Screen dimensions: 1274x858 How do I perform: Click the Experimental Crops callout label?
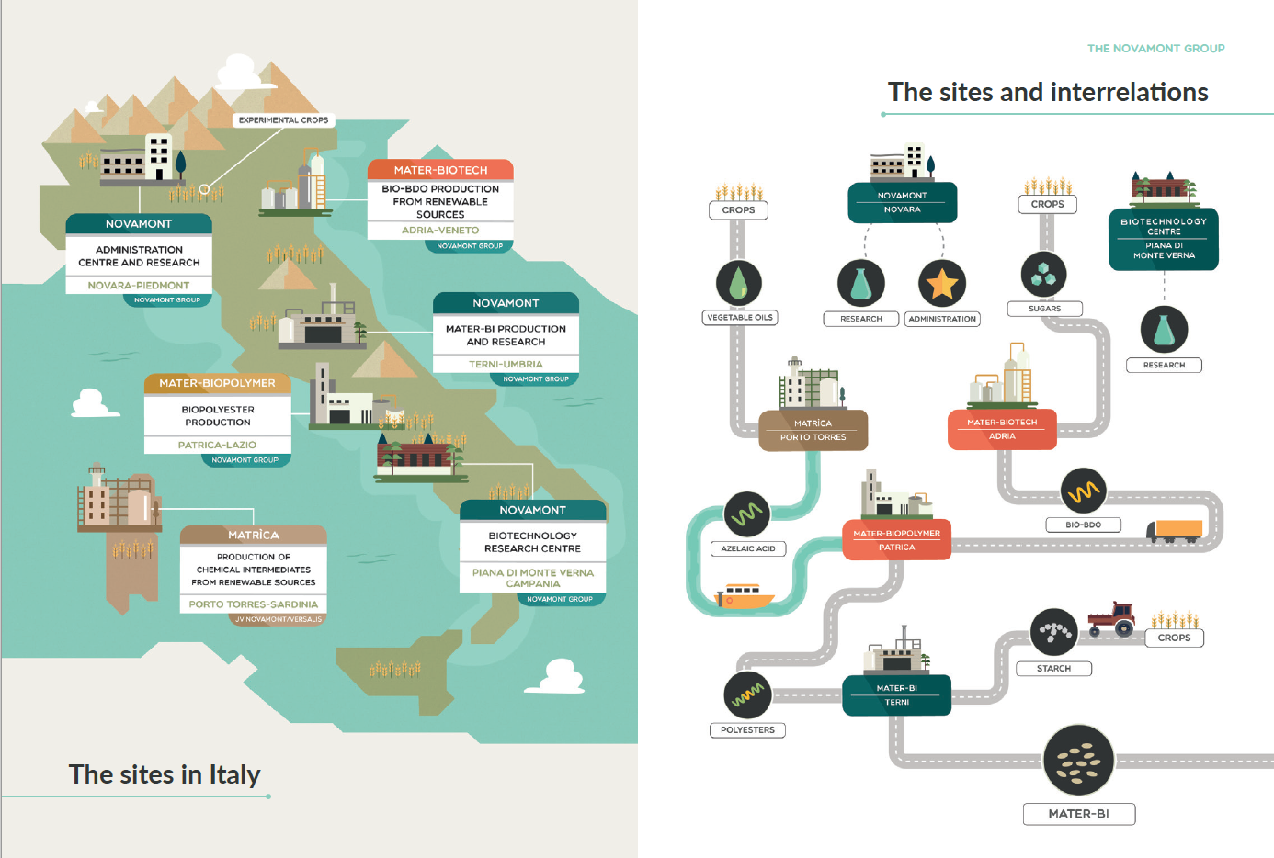point(283,120)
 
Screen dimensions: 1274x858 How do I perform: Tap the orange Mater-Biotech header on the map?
point(440,170)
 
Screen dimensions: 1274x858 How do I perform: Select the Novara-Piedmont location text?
point(139,286)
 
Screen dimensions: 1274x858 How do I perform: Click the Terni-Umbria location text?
point(506,365)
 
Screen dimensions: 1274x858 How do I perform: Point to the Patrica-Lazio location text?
point(217,445)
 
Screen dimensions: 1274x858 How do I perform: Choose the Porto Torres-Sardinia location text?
point(254,604)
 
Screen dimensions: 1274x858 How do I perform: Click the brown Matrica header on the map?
point(254,535)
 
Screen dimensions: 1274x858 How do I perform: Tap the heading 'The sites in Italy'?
point(165,774)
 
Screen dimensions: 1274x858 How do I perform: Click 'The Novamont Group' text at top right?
point(1155,49)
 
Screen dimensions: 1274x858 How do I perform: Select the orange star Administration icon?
point(942,283)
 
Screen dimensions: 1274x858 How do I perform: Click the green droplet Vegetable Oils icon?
point(739,283)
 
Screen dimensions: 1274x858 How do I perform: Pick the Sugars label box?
point(1044,309)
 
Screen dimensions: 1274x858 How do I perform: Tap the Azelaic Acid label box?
point(748,548)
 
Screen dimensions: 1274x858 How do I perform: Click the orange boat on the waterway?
point(745,596)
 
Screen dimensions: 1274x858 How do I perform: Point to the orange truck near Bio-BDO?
point(1175,530)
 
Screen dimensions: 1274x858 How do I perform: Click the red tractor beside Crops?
point(1111,619)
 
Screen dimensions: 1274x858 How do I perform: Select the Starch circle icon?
point(1053,632)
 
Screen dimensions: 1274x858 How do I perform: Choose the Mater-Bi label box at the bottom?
point(1079,814)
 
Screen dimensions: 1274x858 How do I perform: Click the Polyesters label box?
point(747,730)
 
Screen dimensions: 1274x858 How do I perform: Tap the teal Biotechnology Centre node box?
point(1164,239)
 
